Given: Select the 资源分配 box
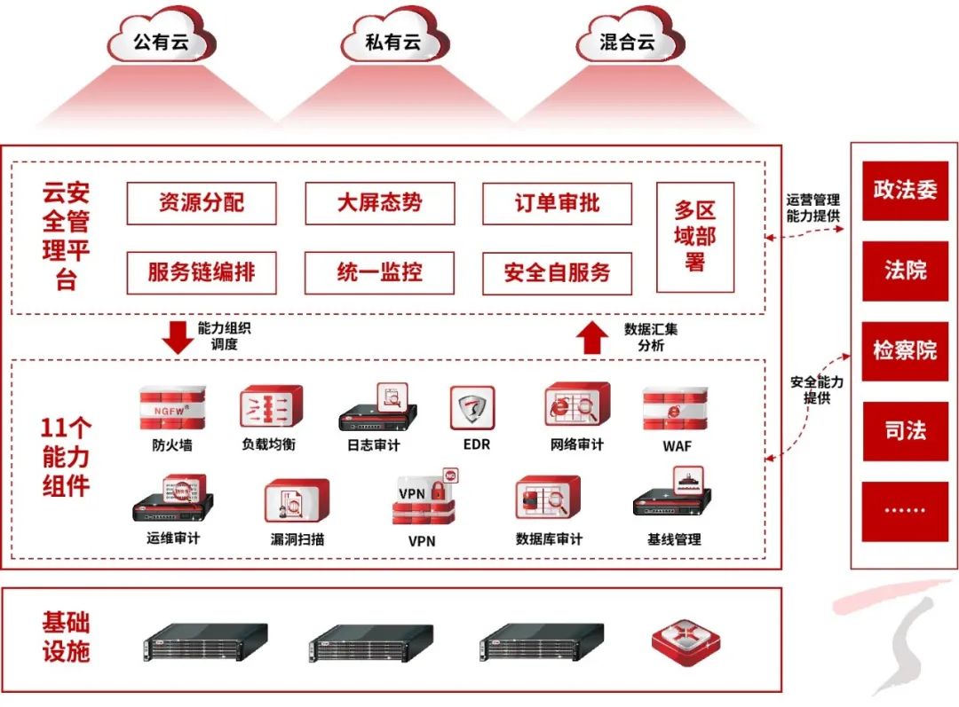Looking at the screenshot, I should click(202, 203).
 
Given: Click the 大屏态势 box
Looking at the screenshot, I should click(379, 203).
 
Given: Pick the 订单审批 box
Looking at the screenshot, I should click(557, 203).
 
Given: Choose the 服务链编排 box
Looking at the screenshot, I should click(202, 272).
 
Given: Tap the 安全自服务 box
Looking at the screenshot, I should click(557, 272).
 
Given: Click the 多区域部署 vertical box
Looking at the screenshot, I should click(695, 237).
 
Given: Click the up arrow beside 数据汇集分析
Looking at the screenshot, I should click(590, 337).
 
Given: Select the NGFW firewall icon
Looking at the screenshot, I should click(171, 408).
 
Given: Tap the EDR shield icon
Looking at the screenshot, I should click(472, 409).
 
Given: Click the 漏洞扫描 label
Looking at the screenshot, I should click(297, 539).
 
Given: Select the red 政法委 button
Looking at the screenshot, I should click(905, 190).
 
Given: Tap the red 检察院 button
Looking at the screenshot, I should click(905, 350).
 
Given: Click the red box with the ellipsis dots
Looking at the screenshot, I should click(905, 511).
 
